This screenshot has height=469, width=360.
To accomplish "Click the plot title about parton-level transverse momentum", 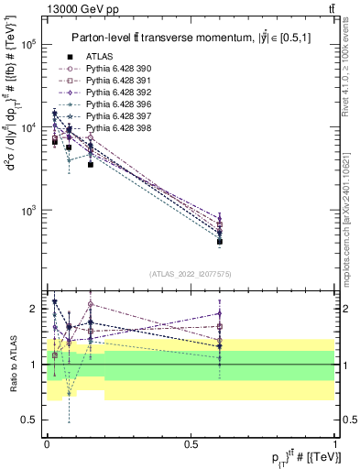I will click(188, 38).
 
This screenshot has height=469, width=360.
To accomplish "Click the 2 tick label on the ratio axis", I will click(34, 309).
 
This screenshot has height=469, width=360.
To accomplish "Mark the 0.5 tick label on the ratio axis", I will click(29, 420).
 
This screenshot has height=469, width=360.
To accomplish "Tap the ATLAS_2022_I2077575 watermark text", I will click(189, 274).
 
